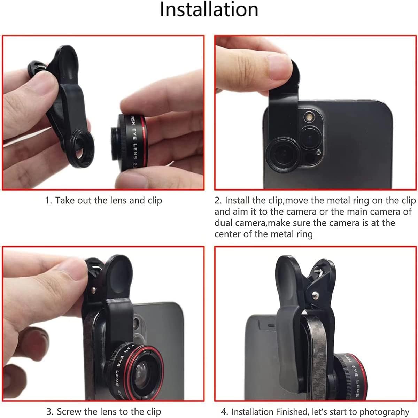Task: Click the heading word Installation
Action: point(209,10)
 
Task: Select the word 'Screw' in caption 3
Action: point(69,411)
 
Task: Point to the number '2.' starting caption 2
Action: point(218,200)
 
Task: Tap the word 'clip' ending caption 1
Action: point(155,201)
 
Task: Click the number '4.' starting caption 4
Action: point(225,411)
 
